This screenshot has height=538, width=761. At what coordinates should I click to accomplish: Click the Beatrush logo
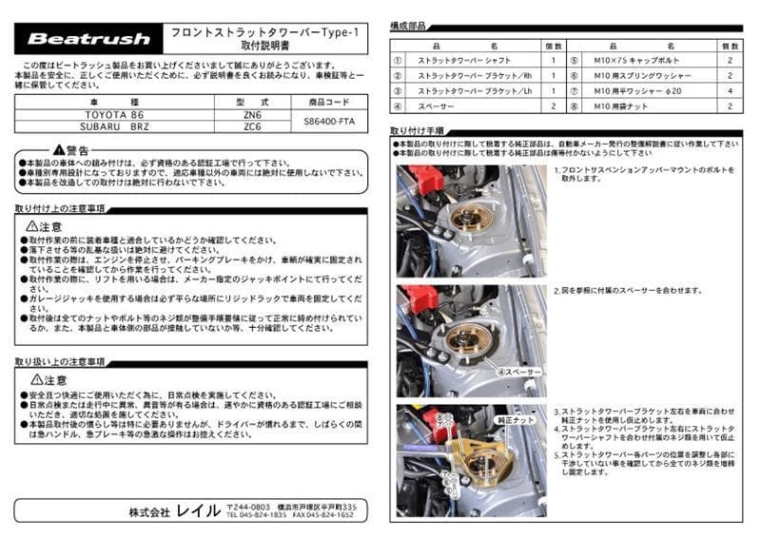pos(88,39)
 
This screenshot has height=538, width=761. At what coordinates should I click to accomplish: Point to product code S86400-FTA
pos(332,121)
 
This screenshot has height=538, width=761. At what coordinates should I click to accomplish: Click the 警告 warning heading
pos(71,150)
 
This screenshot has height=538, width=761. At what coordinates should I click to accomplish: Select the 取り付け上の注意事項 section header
pos(60,207)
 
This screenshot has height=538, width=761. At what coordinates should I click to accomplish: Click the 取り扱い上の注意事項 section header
pos(60,362)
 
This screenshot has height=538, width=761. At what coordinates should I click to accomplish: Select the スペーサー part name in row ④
pos(436,107)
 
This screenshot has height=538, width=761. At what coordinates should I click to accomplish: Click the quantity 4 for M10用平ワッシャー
pos(730,91)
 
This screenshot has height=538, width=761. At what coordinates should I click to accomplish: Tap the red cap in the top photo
pos(425,179)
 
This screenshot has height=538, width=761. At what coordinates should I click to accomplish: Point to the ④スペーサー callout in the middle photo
pos(519,372)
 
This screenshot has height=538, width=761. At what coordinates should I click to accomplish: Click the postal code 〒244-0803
pos(249,507)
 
